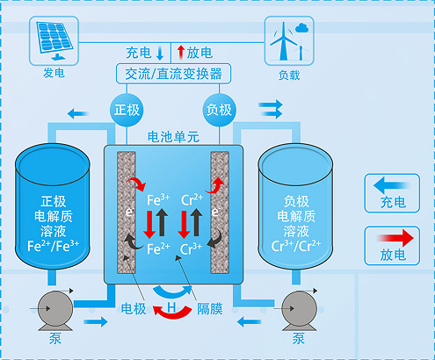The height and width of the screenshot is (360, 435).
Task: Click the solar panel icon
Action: [x=54, y=40]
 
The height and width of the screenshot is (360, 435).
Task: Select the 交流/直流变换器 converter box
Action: [x=173, y=74]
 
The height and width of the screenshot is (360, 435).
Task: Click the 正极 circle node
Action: [x=127, y=110]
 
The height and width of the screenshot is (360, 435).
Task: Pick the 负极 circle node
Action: [x=219, y=110]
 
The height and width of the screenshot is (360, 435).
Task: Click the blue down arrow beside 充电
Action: [x=160, y=54]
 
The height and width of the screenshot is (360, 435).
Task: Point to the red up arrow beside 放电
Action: [x=181, y=52]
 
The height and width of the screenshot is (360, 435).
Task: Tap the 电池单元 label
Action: [x=173, y=137]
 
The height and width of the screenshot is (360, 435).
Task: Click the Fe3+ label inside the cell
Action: [x=158, y=200]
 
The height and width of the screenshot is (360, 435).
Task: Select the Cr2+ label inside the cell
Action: [x=192, y=200]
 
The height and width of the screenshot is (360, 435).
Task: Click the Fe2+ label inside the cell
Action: [x=158, y=248]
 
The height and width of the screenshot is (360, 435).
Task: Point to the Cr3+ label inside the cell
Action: [x=191, y=248]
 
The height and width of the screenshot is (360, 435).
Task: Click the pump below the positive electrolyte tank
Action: [x=55, y=310]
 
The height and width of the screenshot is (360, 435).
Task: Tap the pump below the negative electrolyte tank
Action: [x=299, y=310]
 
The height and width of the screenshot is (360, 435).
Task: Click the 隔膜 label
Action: [x=210, y=309]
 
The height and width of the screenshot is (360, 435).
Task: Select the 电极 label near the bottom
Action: [x=134, y=309]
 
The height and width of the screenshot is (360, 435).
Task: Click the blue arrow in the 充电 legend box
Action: [x=391, y=185]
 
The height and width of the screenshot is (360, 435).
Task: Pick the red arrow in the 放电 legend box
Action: [x=395, y=238]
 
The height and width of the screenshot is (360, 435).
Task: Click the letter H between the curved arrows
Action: [x=171, y=307]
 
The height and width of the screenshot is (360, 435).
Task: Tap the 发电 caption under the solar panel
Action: [x=54, y=73]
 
